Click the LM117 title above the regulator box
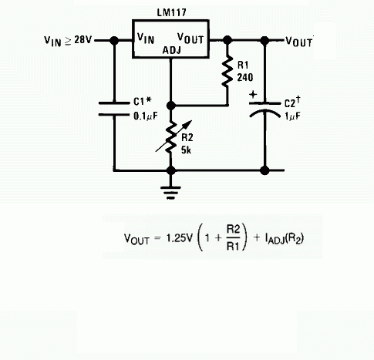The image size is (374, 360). click(171, 12)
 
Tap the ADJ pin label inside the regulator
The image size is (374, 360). click(172, 50)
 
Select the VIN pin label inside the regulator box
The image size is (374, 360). click(146, 39)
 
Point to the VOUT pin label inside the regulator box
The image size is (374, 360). click(190, 39)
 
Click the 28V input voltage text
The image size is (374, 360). click(83, 40)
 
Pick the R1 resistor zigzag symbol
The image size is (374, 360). click(227, 72)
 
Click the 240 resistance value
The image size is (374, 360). click(245, 77)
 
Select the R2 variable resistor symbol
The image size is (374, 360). click(172, 137)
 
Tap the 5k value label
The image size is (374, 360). click(186, 150)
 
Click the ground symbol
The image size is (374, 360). click(170, 193)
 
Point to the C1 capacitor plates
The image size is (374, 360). click(114, 109)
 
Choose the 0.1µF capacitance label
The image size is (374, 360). click(145, 116)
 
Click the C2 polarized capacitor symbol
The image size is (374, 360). click(264, 110)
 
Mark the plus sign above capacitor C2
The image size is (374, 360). click(253, 95)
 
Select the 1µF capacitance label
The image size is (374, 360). click(292, 116)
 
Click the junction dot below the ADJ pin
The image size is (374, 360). click(171, 106)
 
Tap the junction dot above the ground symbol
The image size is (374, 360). click(171, 170)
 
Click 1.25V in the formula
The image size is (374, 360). click(179, 238)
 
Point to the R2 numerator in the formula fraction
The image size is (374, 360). click(233, 229)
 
